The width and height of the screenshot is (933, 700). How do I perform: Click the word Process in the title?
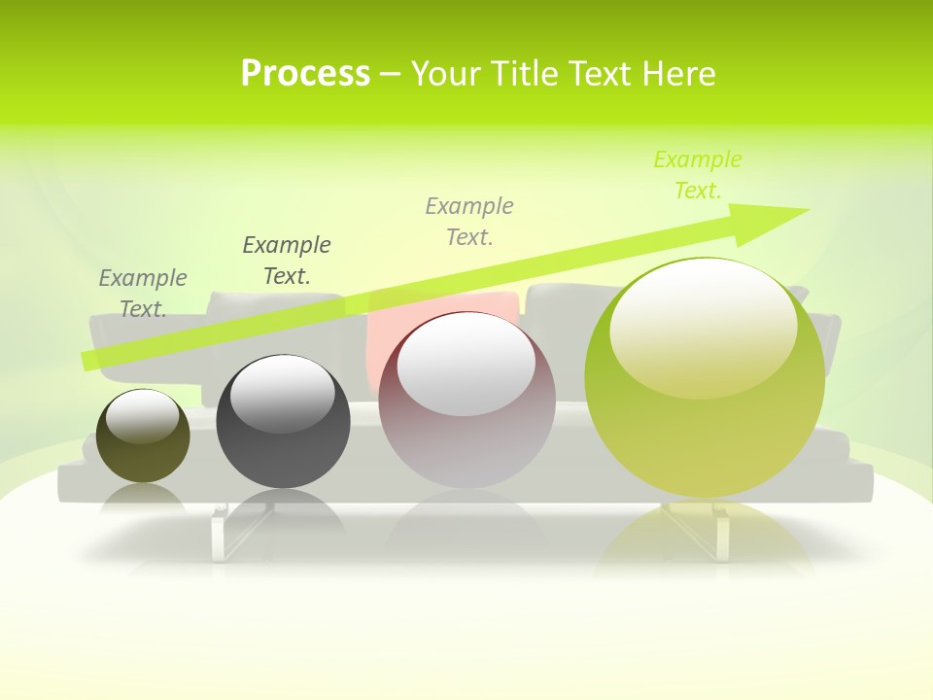tap(305, 73)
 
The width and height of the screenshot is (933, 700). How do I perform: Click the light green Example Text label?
tap(698, 175)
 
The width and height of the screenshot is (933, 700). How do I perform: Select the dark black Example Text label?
tap(287, 260)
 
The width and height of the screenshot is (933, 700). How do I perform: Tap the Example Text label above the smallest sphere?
tap(143, 293)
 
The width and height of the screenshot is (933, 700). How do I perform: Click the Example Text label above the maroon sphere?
tap(469, 221)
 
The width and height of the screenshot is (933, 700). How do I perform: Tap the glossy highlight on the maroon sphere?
tap(466, 365)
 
